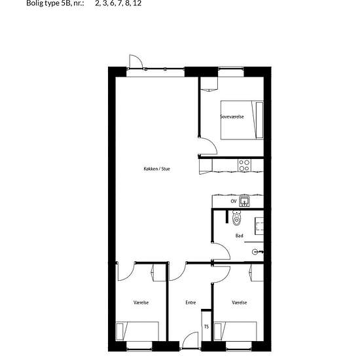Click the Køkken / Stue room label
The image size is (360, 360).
point(157,169)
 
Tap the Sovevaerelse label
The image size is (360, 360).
point(232,117)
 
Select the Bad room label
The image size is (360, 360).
point(239,236)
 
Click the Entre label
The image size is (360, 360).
point(190,302)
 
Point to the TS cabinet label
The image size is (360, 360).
point(206,327)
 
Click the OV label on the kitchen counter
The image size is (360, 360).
point(234,202)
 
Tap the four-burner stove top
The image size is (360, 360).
point(244,166)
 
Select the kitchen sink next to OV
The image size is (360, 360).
point(244,202)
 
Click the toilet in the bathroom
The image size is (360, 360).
point(236,218)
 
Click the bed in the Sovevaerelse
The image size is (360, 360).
point(242,120)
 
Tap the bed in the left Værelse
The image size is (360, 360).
point(137,331)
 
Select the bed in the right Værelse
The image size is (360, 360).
point(235,331)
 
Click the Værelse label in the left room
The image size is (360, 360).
point(141,302)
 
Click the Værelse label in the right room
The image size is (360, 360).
point(239,302)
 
